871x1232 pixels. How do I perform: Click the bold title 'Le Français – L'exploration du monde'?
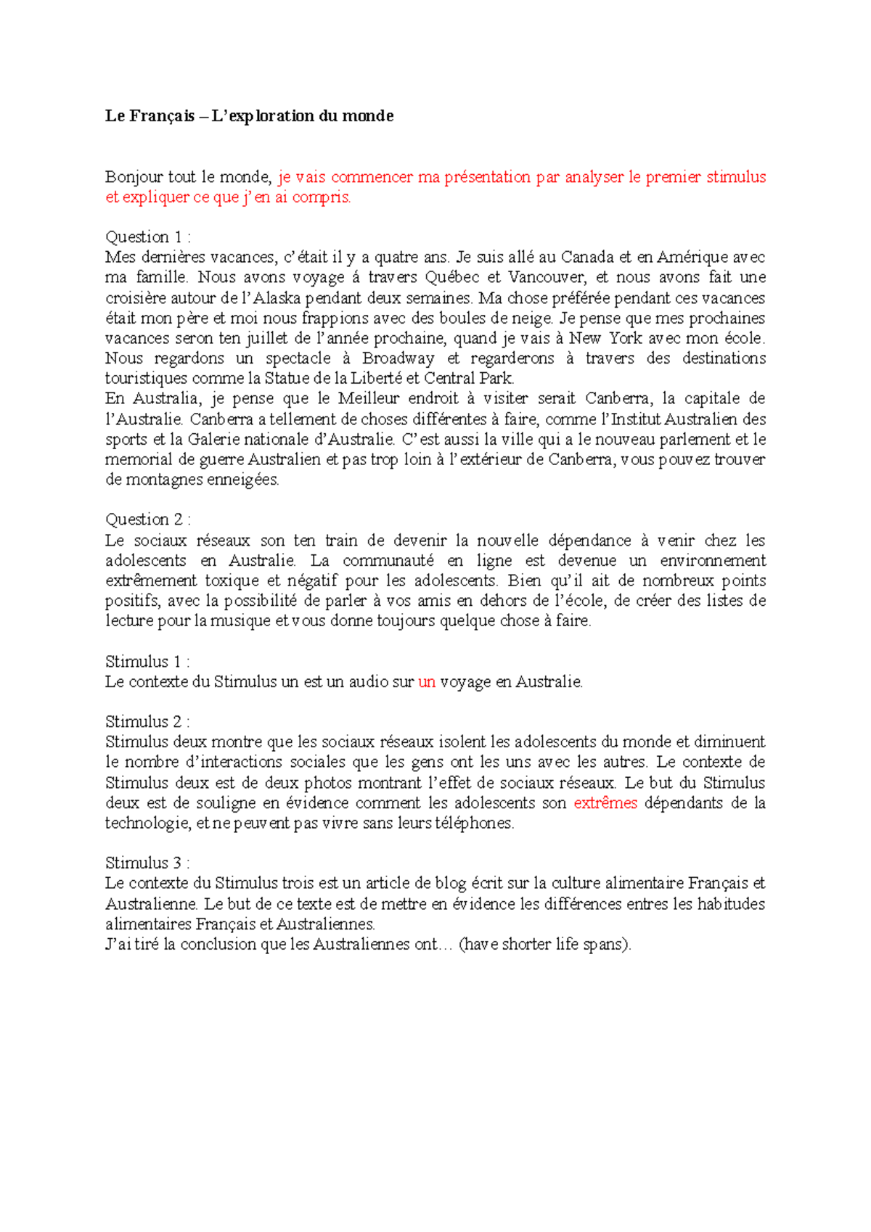249,116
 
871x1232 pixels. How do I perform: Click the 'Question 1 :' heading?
148,237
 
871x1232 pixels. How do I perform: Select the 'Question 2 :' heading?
148,520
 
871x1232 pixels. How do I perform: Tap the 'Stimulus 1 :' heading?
147,662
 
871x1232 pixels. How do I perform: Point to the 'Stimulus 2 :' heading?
147,722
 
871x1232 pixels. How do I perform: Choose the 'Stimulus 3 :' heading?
147,863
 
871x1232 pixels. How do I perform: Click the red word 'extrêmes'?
605,803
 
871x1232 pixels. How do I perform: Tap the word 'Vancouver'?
546,277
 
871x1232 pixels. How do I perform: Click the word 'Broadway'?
398,358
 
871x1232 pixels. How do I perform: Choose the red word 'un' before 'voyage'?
427,682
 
